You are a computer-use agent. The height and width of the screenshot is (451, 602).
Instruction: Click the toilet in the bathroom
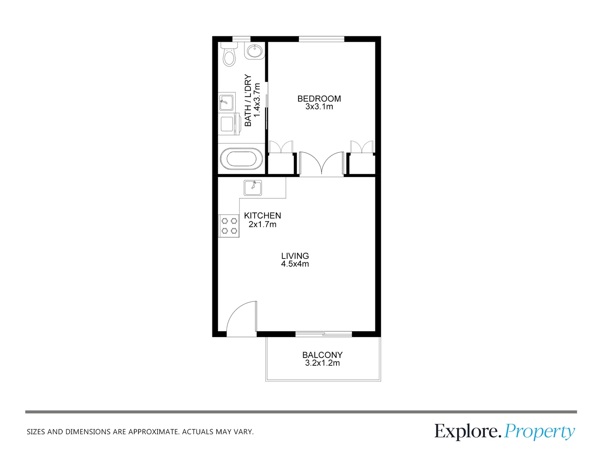[x=229, y=56]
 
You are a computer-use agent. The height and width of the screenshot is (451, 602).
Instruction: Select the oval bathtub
[x=241, y=159]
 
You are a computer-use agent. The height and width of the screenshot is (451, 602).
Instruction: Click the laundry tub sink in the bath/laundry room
[x=227, y=102]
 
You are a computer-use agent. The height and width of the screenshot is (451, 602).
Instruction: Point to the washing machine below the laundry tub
[x=228, y=124]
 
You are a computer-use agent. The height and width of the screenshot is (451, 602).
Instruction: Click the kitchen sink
[x=253, y=187]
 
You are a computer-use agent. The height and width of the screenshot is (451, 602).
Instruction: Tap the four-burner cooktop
[x=229, y=226]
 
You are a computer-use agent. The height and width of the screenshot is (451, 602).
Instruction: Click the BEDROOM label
[x=319, y=99]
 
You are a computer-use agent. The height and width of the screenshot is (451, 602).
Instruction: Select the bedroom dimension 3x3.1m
[x=319, y=107]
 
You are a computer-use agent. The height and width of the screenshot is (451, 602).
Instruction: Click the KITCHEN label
[x=262, y=216]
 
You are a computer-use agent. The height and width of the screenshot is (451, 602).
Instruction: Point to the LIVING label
[x=295, y=256]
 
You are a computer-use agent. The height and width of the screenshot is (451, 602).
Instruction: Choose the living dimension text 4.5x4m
[x=295, y=264]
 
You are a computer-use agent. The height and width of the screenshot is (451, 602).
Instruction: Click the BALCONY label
[x=322, y=355]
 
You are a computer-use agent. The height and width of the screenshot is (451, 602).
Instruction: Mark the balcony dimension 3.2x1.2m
[x=322, y=363]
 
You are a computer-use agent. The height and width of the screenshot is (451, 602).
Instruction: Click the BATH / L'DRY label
[x=248, y=101]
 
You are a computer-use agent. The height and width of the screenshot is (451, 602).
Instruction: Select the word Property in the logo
[x=539, y=432]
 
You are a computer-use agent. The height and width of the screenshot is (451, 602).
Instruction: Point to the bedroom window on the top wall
[x=321, y=39]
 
